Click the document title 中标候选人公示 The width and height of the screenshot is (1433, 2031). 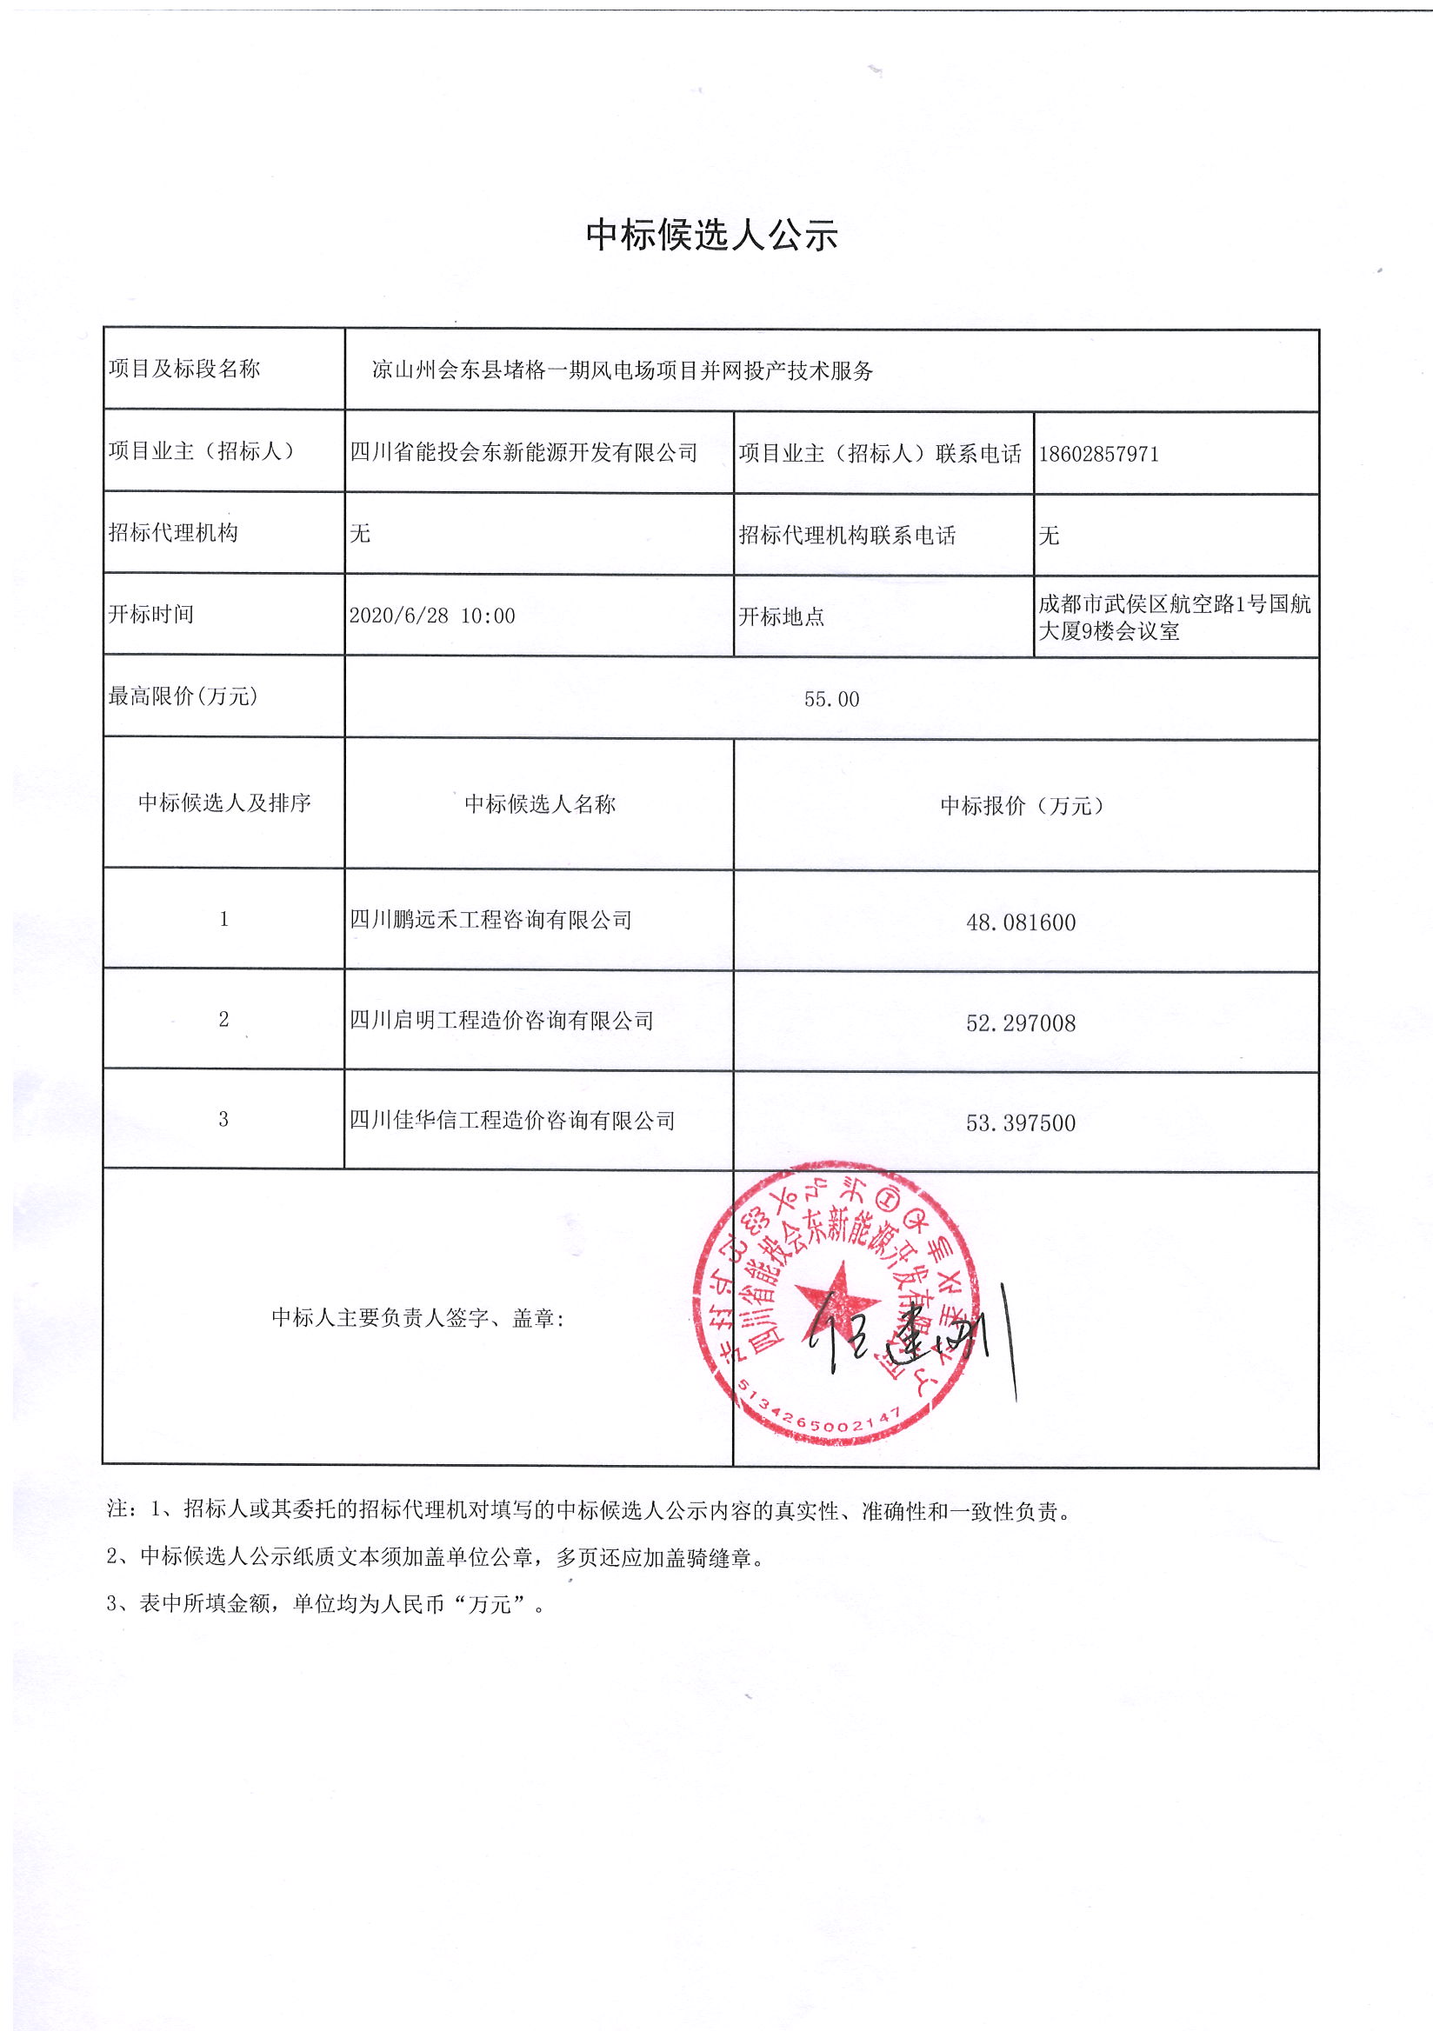(x=711, y=236)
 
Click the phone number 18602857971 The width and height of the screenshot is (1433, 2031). (x=1098, y=455)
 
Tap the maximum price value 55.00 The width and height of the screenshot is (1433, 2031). (x=831, y=700)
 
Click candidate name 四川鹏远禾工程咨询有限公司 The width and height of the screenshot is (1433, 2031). (x=491, y=921)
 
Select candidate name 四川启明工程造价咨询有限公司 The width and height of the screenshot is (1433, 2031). (x=502, y=1021)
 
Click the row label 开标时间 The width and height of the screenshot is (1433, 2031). (x=151, y=615)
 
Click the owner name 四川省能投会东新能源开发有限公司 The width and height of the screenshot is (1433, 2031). (x=523, y=453)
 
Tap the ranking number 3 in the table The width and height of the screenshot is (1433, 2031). (x=223, y=1120)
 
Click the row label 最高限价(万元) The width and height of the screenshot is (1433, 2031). (x=183, y=697)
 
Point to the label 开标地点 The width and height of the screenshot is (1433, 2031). (x=781, y=616)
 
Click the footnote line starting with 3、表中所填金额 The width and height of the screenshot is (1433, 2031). (x=325, y=1605)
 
